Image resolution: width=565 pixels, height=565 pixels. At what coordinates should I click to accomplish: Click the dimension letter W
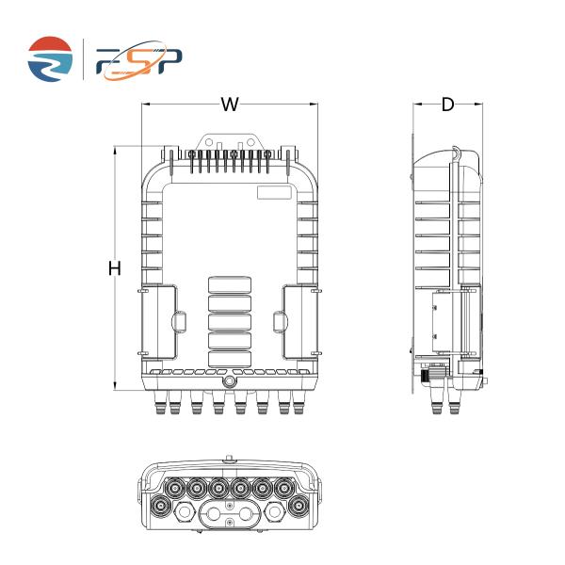tap(229, 105)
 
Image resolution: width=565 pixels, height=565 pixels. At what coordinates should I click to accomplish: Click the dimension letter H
tap(115, 268)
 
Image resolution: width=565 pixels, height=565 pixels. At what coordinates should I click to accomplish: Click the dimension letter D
tap(447, 105)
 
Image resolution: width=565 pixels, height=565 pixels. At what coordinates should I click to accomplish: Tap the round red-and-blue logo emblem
tap(49, 58)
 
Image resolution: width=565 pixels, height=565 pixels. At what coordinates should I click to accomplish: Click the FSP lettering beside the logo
tap(140, 60)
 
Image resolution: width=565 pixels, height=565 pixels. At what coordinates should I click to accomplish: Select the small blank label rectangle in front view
tap(275, 194)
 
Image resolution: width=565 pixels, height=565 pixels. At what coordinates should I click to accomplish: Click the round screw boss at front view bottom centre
tap(229, 382)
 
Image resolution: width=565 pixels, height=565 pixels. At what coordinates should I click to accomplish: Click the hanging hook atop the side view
tap(455, 151)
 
